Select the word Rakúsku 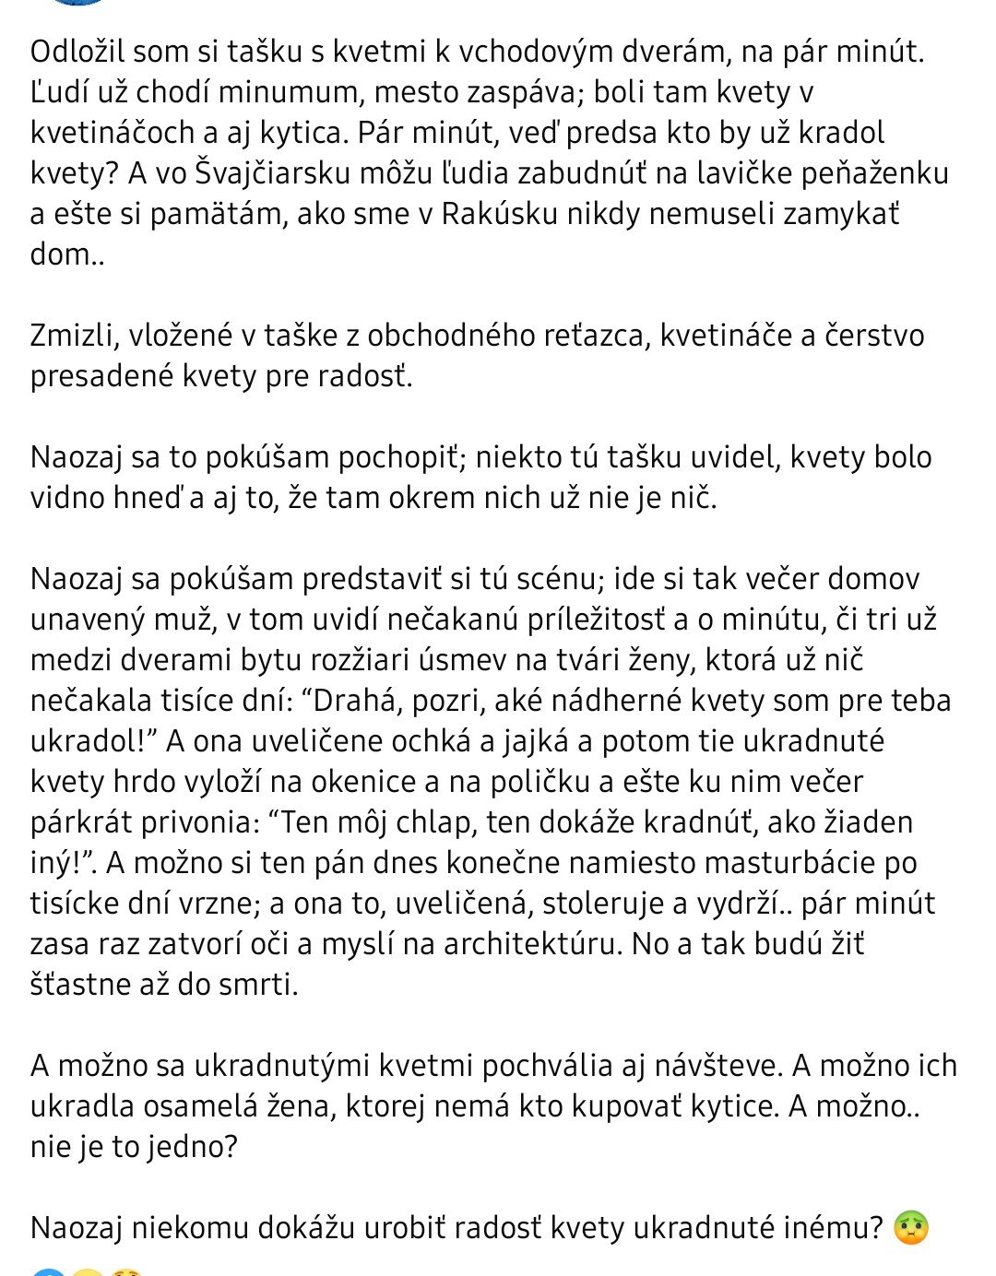coord(501,214)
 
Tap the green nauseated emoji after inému coord(911,1228)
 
